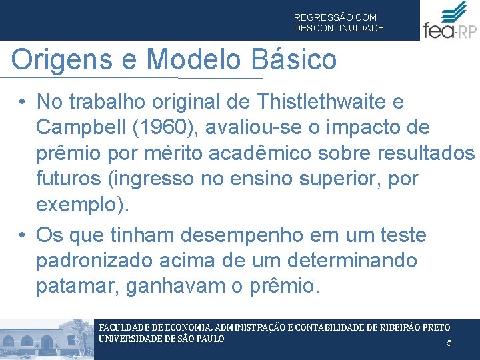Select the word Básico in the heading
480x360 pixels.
point(295,60)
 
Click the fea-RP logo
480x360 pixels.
point(449,21)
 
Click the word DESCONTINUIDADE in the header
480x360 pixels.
point(339,29)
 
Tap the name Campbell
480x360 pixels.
point(83,127)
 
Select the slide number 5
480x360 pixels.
point(449,343)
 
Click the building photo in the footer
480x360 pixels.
point(47,339)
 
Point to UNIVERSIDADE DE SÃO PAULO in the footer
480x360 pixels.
point(161,339)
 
